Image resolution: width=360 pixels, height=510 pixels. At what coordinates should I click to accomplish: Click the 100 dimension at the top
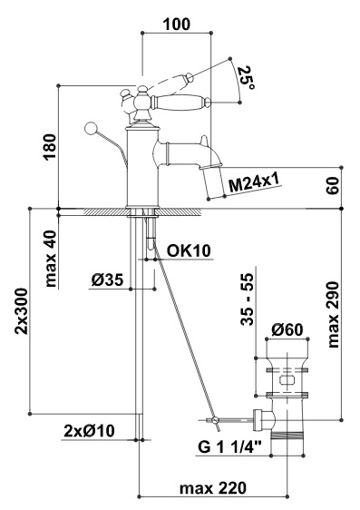[177, 25]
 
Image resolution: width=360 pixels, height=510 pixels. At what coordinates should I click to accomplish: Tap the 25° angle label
[247, 77]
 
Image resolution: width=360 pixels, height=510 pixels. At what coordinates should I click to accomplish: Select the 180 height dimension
[51, 147]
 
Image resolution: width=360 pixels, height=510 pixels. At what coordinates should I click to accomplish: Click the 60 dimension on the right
[333, 186]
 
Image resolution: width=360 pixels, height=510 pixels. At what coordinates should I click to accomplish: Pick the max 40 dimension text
[51, 259]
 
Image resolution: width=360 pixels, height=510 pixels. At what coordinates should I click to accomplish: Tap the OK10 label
[189, 250]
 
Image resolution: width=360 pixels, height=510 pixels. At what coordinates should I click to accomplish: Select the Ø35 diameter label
[108, 280]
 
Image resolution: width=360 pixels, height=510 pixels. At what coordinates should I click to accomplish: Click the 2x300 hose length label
[22, 311]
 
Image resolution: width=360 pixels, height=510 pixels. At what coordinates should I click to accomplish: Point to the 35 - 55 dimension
[247, 299]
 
